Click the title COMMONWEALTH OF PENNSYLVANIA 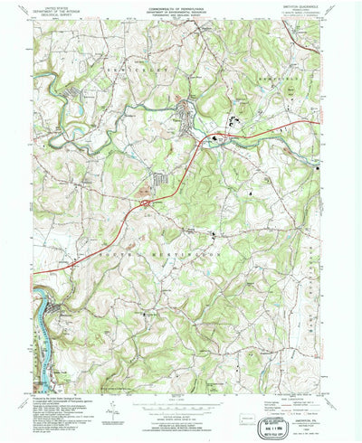181,8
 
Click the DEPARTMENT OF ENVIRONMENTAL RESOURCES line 181,13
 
